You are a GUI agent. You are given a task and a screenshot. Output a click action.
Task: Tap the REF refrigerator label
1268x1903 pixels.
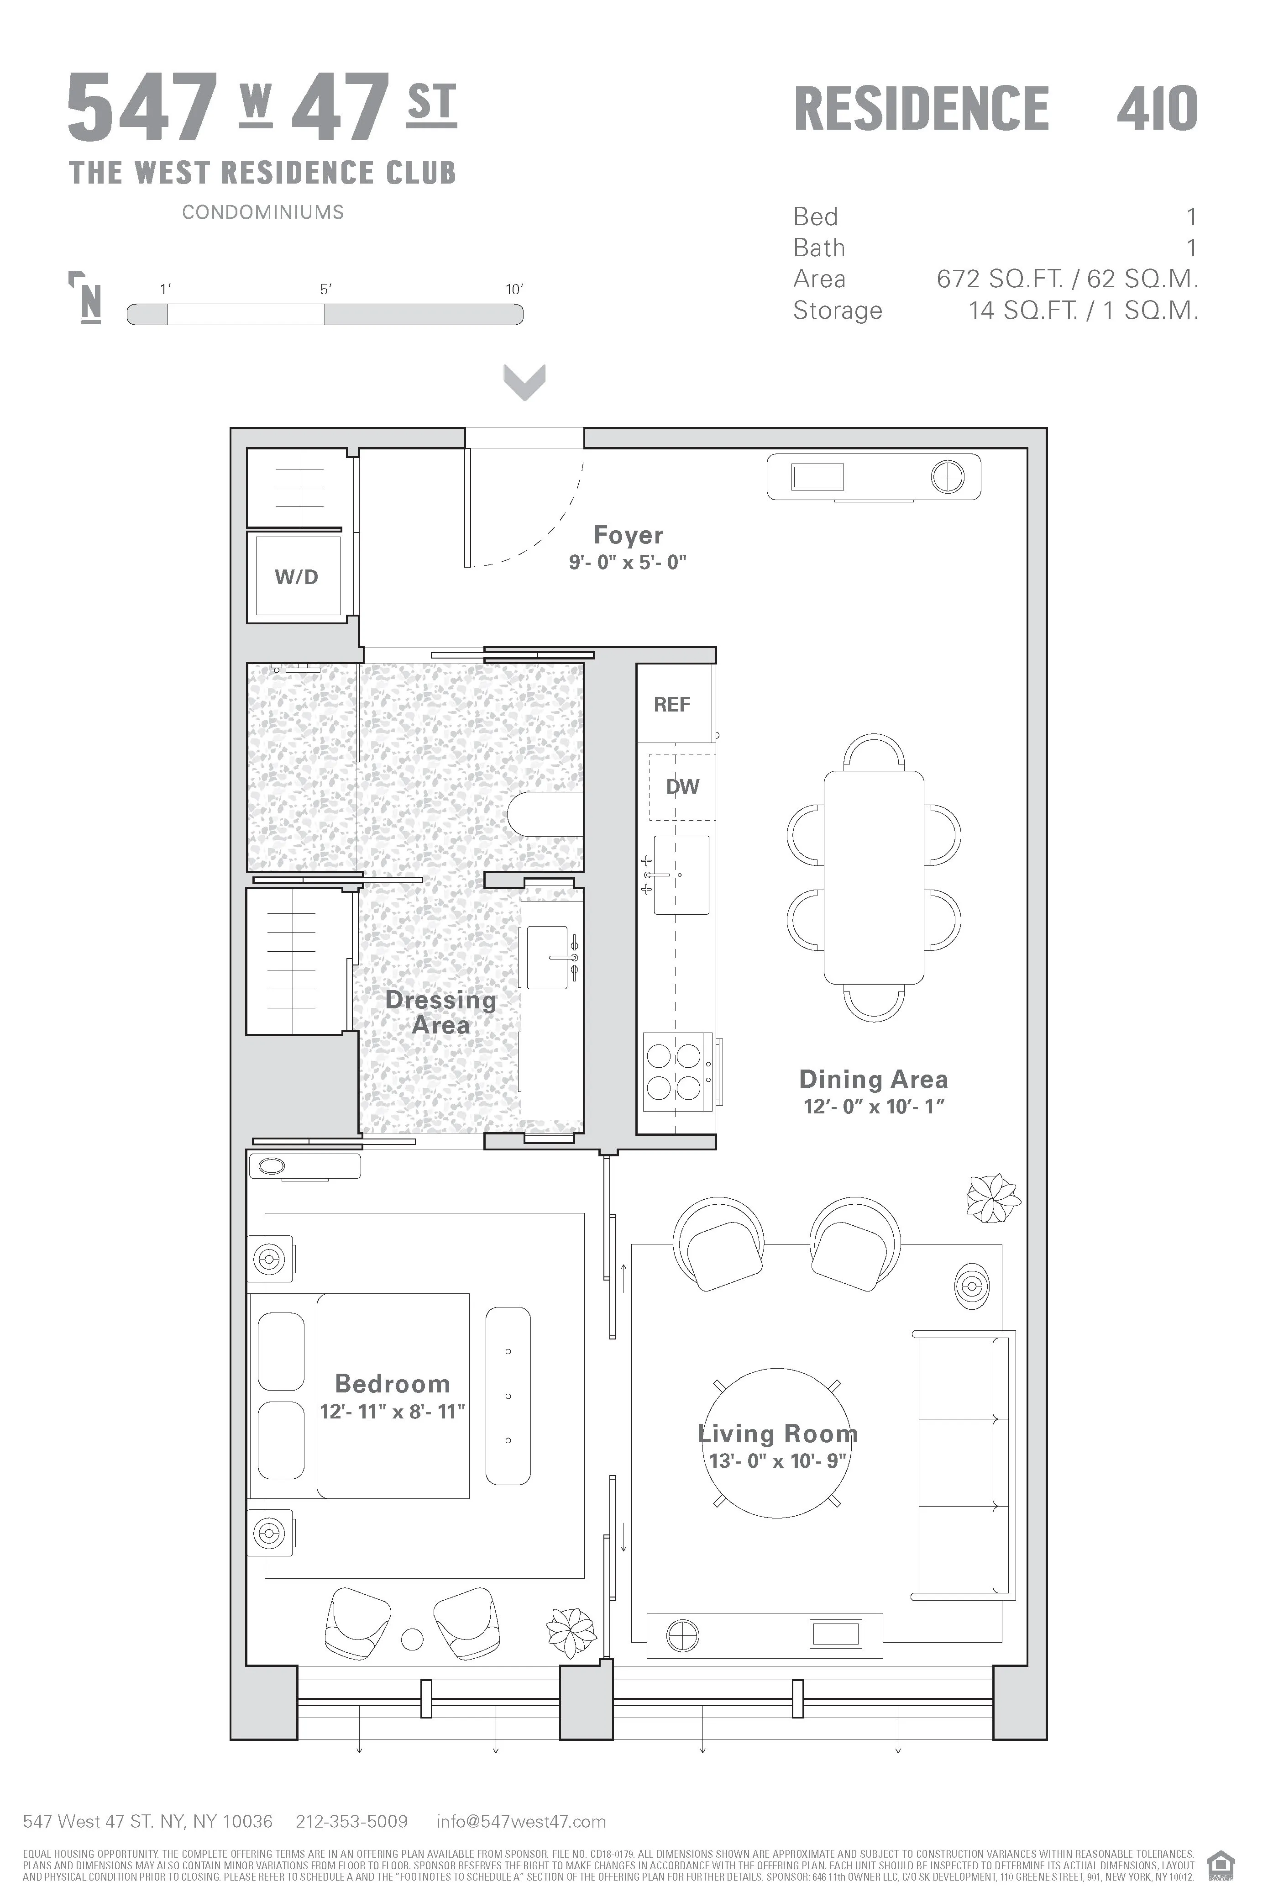coord(672,705)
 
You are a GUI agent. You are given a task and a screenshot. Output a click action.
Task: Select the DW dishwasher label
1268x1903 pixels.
coord(682,786)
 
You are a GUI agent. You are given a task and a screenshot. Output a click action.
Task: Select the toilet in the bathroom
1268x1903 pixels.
coord(546,813)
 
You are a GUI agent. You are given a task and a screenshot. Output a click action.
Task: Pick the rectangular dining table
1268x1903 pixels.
coord(873,877)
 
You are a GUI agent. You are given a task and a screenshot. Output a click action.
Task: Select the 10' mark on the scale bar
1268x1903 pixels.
coord(514,290)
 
